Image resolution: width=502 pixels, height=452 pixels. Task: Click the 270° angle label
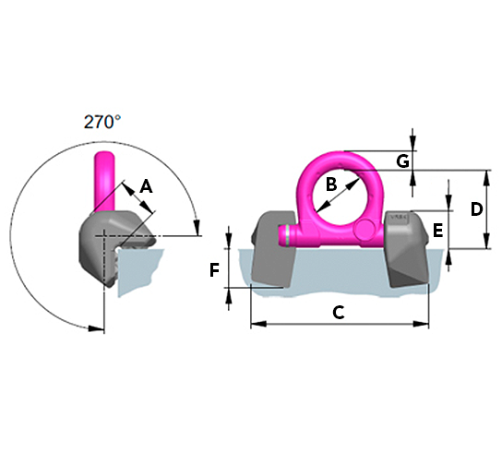102,122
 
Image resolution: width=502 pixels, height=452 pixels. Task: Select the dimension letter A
147,186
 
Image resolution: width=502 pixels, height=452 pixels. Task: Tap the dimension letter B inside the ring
331,184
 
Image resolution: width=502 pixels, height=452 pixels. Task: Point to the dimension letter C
339,313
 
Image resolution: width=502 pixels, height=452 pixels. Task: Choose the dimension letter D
476,209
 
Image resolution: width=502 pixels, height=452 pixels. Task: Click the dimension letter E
437,231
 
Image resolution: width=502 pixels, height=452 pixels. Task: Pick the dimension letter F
214,270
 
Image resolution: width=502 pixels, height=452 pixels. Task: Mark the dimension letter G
402,161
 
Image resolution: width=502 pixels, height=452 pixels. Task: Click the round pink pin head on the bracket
365,229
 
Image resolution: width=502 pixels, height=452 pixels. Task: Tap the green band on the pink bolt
289,235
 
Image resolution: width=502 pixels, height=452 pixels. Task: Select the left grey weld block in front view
273,249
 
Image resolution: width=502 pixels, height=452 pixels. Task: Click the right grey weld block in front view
407,248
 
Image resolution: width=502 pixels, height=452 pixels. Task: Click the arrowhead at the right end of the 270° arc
197,228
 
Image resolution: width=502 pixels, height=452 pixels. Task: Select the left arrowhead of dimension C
258,325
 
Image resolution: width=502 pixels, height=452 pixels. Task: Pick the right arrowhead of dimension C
421,324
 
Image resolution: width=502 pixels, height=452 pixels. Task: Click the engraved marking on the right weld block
398,217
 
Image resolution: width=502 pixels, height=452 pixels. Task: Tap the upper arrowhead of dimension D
486,178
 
